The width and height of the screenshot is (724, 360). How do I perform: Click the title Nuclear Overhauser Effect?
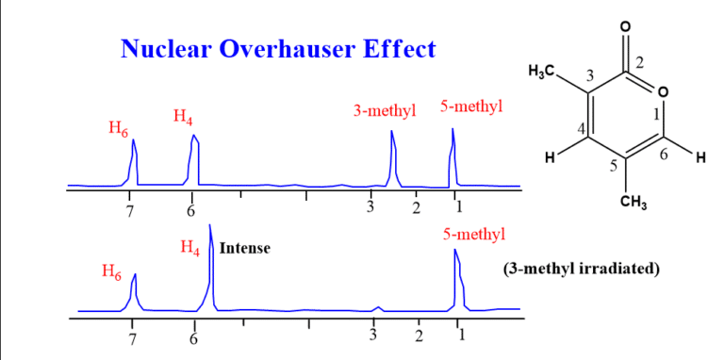click(x=278, y=50)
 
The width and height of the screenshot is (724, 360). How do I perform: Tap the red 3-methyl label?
click(x=384, y=110)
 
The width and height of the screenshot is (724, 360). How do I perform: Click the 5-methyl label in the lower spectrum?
click(x=473, y=233)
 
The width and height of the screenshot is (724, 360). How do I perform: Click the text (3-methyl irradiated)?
click(x=582, y=269)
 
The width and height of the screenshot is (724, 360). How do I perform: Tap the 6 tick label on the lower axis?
click(x=194, y=336)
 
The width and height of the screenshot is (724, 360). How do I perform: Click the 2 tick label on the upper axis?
click(x=416, y=208)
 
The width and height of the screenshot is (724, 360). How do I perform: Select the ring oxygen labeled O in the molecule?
click(x=663, y=91)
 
